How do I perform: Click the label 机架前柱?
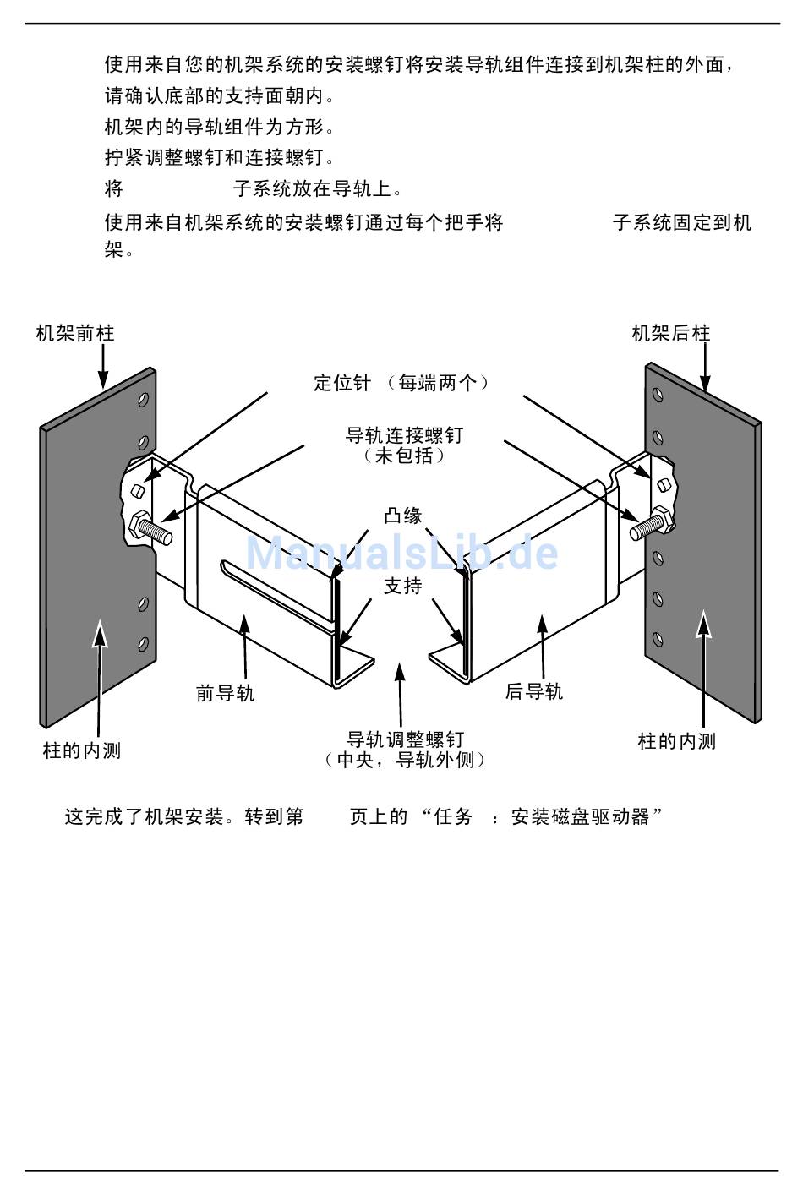pos(74,334)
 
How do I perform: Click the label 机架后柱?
pos(671,334)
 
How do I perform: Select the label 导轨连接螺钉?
pos(404,436)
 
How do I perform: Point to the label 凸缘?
pos(403,516)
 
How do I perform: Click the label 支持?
pos(403,586)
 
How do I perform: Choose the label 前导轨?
pos(225,694)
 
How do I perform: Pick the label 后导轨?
pos(533,692)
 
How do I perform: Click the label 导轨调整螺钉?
pos(405,740)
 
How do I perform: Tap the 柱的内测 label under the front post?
pos(82,750)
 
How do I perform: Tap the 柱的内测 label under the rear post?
pos(676,742)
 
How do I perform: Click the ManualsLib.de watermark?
pos(402,554)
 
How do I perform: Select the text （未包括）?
pos(404,456)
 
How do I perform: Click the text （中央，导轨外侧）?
pos(405,760)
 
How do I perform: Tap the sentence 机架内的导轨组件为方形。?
pos(220,128)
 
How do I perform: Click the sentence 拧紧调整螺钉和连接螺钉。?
pos(220,158)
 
